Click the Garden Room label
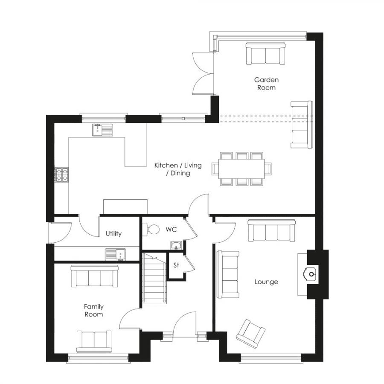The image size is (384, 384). point(266,84)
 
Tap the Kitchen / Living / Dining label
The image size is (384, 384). point(178,169)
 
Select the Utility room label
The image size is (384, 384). point(114,233)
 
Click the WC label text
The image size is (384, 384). point(171,230)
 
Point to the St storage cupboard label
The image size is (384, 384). point(176,265)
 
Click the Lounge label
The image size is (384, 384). point(266,282)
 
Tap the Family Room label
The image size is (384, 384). point(93,310)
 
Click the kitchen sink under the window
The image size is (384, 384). point(102,130)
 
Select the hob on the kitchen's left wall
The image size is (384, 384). point(61,174)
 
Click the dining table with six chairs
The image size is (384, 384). point(241,168)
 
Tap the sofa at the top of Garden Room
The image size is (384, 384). point(265,54)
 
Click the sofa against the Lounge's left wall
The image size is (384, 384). point(228,274)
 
